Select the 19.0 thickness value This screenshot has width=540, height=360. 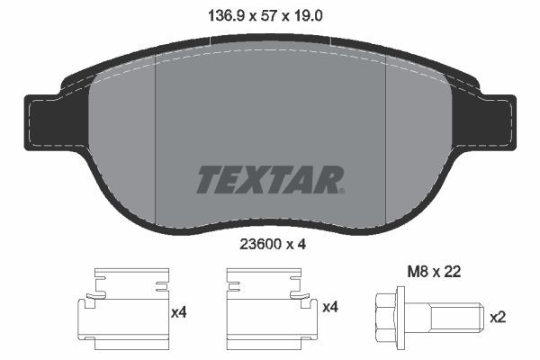308,16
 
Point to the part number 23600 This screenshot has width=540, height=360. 260,244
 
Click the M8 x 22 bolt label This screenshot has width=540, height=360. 434,272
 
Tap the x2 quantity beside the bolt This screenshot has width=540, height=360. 498,318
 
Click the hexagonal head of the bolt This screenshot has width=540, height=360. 386,317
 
